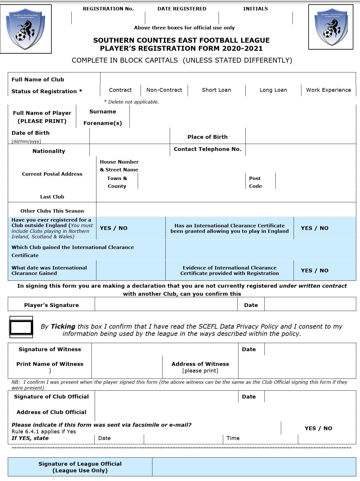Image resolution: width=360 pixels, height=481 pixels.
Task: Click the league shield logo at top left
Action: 26,29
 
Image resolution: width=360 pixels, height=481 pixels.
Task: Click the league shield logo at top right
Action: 331,27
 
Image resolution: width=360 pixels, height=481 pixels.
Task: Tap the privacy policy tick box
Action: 21,327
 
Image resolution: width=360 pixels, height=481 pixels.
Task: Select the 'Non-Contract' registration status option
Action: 164,90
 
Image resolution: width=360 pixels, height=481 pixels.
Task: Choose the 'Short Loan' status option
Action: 216,90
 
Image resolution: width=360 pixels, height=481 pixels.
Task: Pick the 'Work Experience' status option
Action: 328,90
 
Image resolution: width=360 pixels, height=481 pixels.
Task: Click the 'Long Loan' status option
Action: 273,90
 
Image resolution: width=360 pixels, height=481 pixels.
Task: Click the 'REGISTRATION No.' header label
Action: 108,9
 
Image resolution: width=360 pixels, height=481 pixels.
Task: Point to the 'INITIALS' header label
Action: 255,9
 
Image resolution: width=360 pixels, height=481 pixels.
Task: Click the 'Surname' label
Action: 103,112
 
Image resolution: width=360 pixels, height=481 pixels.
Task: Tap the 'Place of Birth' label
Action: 208,137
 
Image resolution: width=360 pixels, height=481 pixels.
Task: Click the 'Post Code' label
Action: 255,182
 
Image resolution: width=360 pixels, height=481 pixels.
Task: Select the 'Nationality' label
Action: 49,151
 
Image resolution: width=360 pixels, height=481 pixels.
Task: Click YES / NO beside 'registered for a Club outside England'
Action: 113,228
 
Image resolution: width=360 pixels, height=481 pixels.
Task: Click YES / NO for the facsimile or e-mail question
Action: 318,428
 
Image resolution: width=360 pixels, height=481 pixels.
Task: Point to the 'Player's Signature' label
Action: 51,305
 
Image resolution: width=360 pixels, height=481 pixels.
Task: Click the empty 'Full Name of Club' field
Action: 228,78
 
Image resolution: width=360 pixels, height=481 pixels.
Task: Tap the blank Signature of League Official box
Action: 254,467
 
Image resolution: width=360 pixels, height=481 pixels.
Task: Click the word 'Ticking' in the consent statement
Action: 63,327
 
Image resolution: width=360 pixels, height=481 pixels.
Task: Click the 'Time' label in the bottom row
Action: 233,438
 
